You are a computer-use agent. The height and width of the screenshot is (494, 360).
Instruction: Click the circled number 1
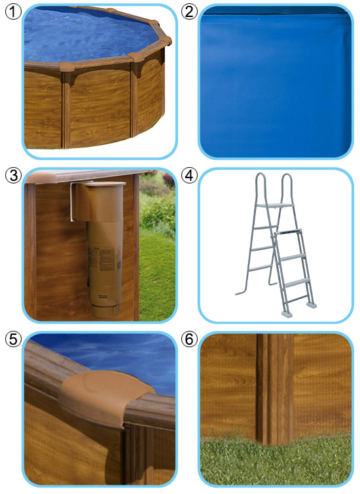pyautogui.click(x=13, y=12)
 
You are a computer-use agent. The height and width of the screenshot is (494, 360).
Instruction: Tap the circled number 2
pyautogui.click(x=189, y=12)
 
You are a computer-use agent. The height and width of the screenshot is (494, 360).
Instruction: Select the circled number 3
pyautogui.click(x=13, y=175)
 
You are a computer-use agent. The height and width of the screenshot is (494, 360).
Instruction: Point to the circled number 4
pyautogui.click(x=189, y=175)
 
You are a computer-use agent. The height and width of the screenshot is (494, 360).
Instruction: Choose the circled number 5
pyautogui.click(x=13, y=339)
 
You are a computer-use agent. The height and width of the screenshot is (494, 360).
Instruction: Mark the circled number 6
pyautogui.click(x=189, y=339)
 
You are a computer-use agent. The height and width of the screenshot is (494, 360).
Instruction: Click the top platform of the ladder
pyautogui.click(x=275, y=206)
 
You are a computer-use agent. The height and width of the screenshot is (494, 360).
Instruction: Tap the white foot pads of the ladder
pyautogui.click(x=298, y=309)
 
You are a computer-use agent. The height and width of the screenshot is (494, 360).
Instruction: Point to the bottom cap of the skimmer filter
pyautogui.click(x=105, y=311)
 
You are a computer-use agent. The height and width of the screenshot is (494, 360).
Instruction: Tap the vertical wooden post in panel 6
pyautogui.click(x=275, y=388)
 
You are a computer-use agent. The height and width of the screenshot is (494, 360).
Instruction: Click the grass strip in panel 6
pyautogui.click(x=276, y=460)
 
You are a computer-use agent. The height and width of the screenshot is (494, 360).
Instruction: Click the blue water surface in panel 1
pyautogui.click(x=88, y=35)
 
